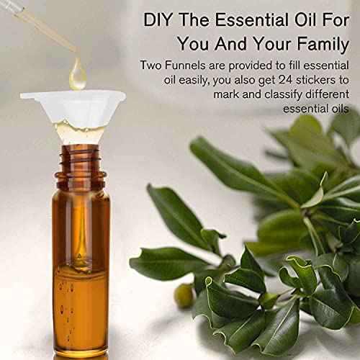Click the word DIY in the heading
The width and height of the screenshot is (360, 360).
(x=158, y=19)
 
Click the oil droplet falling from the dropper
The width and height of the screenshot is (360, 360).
(x=78, y=74)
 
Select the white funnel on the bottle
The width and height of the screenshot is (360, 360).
(x=73, y=113)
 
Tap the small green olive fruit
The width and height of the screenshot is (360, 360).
(x=184, y=295)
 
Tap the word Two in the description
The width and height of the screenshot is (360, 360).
(x=150, y=66)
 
